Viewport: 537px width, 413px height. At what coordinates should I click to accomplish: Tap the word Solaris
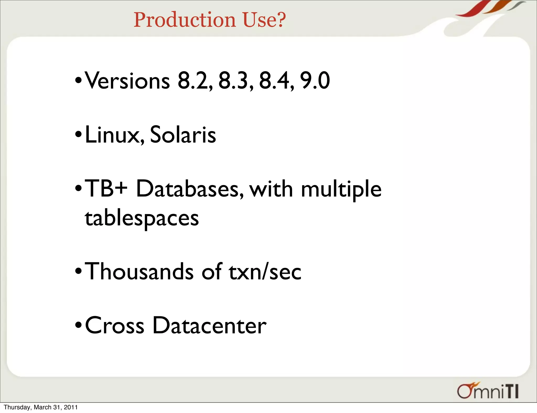183,135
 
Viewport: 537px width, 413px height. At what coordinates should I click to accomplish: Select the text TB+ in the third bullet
106,189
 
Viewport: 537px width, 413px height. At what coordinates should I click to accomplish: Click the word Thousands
139,271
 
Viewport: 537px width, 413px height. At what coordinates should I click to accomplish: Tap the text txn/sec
265,271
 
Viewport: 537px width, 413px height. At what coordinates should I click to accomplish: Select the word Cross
115,325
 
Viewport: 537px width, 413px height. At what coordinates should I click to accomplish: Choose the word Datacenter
209,325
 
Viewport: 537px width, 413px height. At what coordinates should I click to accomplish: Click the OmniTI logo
488,391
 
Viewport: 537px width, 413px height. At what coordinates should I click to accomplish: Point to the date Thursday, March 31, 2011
41,407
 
